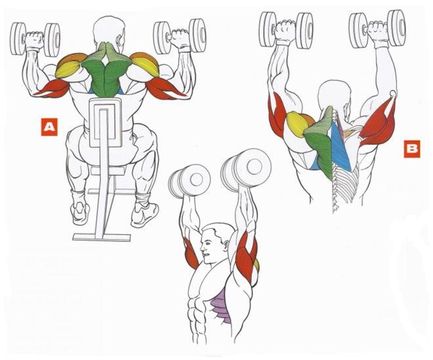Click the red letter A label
pyautogui.click(x=49, y=127)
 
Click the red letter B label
pyautogui.click(x=412, y=149)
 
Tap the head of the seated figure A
pyautogui.click(x=108, y=32)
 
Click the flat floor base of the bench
pyautogui.click(x=102, y=237)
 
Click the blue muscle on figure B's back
pyautogui.click(x=340, y=146)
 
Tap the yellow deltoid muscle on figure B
pyautogui.click(x=297, y=124)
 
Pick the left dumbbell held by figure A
pyautogui.click(x=35, y=39)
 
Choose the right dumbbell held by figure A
pyautogui.click(x=180, y=36)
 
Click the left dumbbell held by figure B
pyautogui.click(x=286, y=30)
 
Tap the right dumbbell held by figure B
pyautogui.click(x=377, y=28)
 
